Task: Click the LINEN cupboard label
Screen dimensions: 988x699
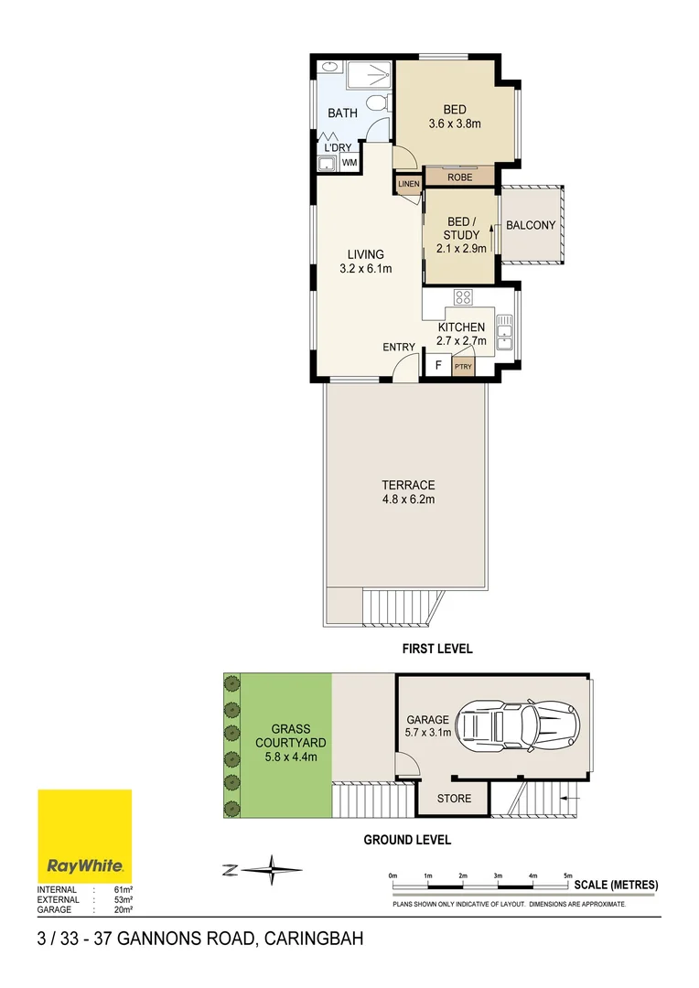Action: [x=408, y=184]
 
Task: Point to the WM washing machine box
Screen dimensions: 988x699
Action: [x=349, y=163]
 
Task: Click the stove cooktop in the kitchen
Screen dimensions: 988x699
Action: [x=463, y=296]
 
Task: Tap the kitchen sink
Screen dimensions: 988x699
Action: [x=504, y=331]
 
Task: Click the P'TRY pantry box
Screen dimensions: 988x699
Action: [x=464, y=368]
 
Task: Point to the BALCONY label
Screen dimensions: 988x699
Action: [x=531, y=225]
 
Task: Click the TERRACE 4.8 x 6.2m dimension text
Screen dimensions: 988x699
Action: [x=408, y=499]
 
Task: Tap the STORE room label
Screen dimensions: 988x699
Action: [x=454, y=799]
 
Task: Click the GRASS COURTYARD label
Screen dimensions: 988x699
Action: [x=278, y=742]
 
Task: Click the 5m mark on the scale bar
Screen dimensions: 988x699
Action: [x=568, y=877]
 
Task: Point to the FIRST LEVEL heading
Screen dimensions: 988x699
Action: [x=437, y=650]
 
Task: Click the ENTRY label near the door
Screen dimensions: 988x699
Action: [x=399, y=347]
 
